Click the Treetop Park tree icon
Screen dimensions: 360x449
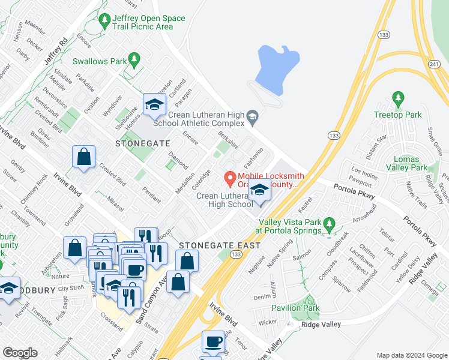click(397, 98)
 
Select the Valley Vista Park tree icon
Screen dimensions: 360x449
click(328, 223)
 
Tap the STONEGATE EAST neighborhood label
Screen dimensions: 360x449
click(220, 245)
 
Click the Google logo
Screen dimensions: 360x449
click(20, 352)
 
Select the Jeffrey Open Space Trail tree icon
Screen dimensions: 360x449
click(106, 20)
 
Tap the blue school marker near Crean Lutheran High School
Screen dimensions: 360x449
click(259, 191)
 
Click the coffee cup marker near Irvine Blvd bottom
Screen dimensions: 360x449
click(212, 342)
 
